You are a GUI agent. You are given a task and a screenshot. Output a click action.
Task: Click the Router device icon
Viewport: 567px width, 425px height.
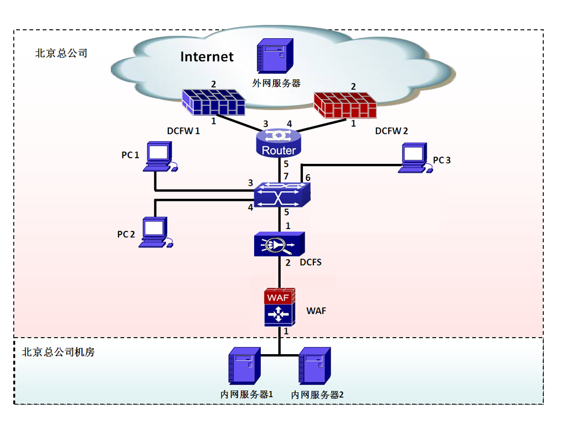pos(279,143)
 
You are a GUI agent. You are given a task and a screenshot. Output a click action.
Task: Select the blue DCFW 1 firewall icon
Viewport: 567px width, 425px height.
pos(213,102)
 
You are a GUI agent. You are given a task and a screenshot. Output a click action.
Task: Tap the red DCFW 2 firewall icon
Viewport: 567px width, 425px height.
pos(346,105)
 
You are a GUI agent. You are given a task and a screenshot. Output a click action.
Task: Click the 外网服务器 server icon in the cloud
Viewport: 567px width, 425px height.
pos(275,56)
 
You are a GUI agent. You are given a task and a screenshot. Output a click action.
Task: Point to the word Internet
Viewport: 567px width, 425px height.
pos(207,57)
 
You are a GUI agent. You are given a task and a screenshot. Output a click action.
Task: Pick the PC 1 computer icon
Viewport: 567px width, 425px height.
pos(160,157)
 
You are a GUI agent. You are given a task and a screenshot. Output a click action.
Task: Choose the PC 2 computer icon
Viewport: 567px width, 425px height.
pos(156,232)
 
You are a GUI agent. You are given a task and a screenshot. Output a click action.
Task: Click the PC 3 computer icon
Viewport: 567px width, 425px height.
pos(415,158)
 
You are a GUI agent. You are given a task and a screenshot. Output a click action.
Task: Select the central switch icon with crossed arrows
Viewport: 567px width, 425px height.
pos(282,195)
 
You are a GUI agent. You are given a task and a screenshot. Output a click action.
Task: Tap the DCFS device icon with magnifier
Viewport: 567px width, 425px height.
pos(279,244)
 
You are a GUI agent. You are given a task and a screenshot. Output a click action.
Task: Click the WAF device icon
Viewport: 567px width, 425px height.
pos(280,307)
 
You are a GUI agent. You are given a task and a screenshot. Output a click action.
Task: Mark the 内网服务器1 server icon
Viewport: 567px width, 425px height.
pos(244,366)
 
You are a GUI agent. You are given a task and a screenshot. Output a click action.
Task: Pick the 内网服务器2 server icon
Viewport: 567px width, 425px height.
pos(315,366)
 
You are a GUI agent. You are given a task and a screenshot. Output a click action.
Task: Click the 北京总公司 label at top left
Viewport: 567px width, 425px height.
pos(61,53)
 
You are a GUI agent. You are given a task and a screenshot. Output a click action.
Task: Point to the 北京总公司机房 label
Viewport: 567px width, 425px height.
pos(58,352)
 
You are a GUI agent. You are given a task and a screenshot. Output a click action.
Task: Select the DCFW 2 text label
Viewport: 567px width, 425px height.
pos(391,131)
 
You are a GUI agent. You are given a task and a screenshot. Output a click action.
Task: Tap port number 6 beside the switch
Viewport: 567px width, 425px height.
pos(308,178)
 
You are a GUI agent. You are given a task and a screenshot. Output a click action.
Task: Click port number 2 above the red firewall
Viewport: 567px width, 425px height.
pos(353,87)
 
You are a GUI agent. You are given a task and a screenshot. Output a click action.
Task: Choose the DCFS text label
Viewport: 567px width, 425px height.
pos(311,262)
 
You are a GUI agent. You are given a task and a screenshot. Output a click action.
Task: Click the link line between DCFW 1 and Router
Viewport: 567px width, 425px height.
pos(240,123)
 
